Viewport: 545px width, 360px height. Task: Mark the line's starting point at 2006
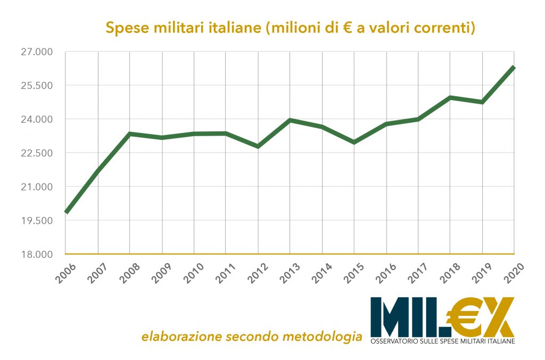(66, 212)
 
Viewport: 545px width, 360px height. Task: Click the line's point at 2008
(130, 133)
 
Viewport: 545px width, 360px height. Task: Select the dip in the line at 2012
(258, 146)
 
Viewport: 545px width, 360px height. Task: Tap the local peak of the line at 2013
(290, 120)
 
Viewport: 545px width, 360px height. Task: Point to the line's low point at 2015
(354, 143)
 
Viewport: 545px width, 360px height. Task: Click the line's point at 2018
(450, 98)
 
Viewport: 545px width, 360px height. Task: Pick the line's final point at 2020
(514, 68)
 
